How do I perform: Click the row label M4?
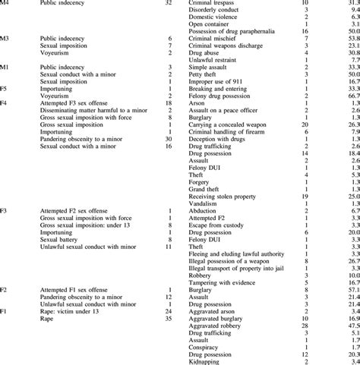5,4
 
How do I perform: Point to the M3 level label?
5,37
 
